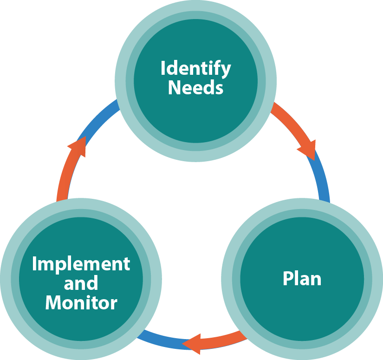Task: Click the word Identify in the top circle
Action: point(195,69)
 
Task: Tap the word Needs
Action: point(195,87)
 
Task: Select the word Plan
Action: point(302,279)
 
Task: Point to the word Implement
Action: point(81,264)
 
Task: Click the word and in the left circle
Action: point(81,283)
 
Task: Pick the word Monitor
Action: point(81,303)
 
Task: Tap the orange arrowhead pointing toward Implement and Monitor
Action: point(191,344)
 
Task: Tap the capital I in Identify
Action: point(163,69)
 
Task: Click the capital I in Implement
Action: point(34,264)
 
